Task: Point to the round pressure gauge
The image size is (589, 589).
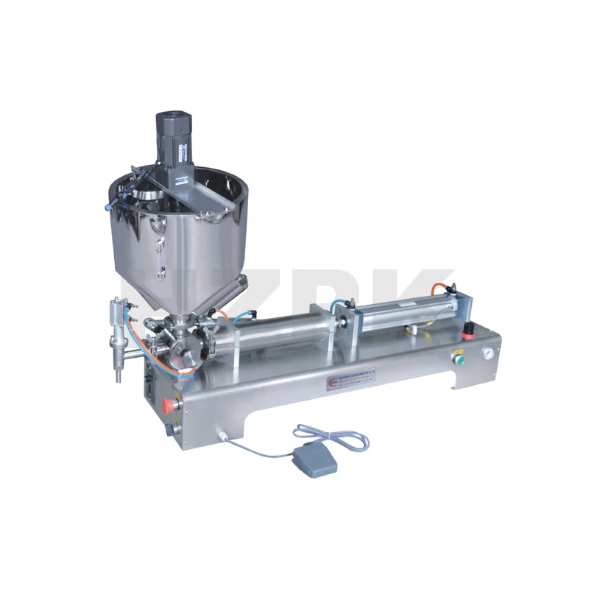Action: click(x=487, y=353)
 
